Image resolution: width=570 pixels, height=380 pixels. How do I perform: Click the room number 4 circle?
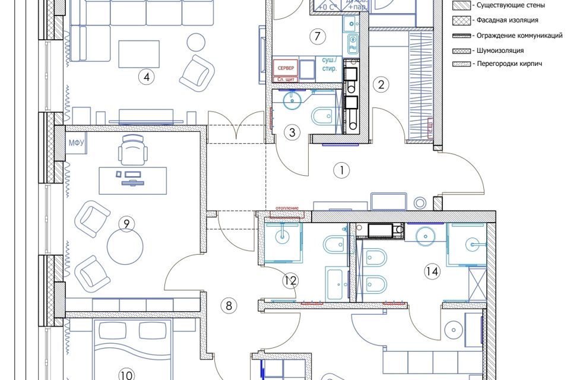pyautogui.click(x=144, y=76)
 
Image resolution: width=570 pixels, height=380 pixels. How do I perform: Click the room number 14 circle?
pyautogui.click(x=432, y=271)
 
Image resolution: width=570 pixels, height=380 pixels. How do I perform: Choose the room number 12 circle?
pyautogui.click(x=290, y=280)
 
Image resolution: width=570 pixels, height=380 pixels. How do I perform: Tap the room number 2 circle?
pyautogui.click(x=381, y=84)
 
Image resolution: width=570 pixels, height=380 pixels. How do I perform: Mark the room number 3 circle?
pyautogui.click(x=292, y=132)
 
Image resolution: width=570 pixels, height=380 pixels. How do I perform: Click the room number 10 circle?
pyautogui.click(x=126, y=375)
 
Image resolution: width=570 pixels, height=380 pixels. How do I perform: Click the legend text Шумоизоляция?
pyautogui.click(x=499, y=50)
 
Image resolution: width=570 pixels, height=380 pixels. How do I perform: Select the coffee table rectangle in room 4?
pyautogui.click(x=140, y=55)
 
